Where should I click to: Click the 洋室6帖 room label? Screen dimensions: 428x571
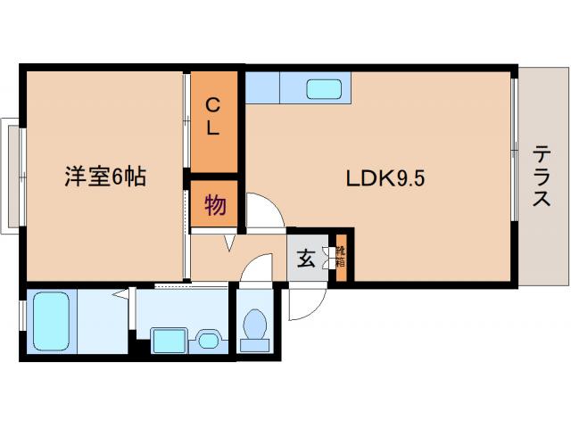pyautogui.click(x=104, y=177)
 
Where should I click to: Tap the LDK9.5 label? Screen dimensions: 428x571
pyautogui.click(x=385, y=177)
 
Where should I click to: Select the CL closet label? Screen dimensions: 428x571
pyautogui.click(x=213, y=116)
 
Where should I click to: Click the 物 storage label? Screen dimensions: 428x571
pyautogui.click(x=214, y=206)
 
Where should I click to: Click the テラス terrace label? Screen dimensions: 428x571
pyautogui.click(x=542, y=176)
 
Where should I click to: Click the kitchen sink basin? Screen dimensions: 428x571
pyautogui.click(x=325, y=89)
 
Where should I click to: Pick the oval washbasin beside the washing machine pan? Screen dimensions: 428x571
pyautogui.click(x=208, y=339)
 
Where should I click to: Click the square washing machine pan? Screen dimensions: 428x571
pyautogui.click(x=168, y=341)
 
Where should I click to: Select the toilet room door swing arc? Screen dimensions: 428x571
pyautogui.click(x=258, y=267)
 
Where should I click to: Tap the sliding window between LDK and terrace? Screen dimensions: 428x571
pyautogui.click(x=514, y=161)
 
